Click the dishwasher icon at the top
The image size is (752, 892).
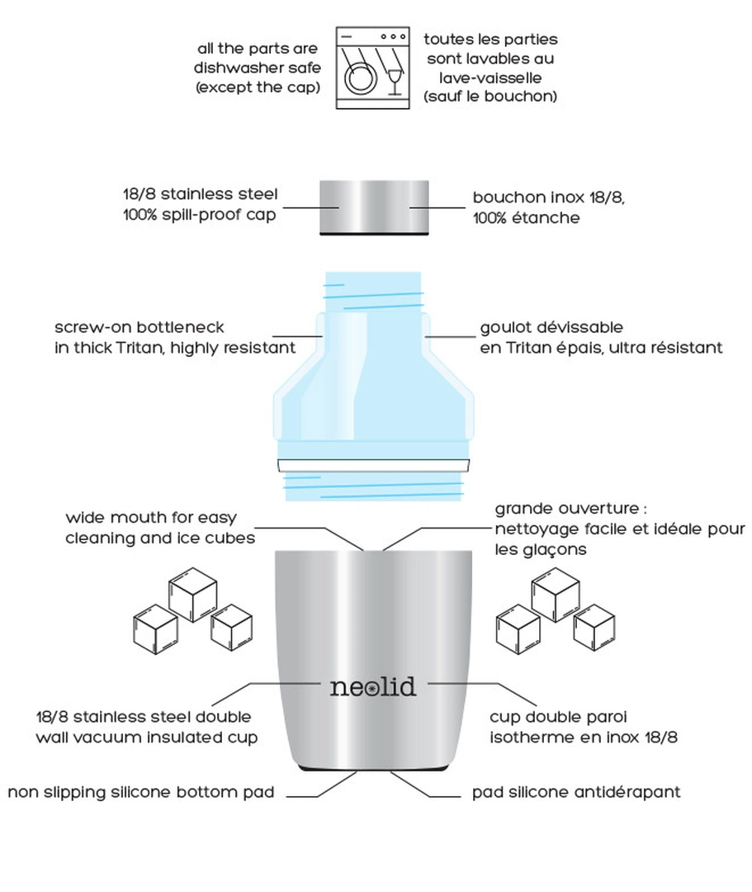coord(372,68)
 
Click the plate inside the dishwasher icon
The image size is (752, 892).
coord(358,78)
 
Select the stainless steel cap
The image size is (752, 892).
coord(374,207)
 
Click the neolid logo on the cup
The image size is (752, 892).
coord(373,686)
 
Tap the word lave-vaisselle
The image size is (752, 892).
coord(490,78)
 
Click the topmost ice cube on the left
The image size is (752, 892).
coord(192,594)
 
